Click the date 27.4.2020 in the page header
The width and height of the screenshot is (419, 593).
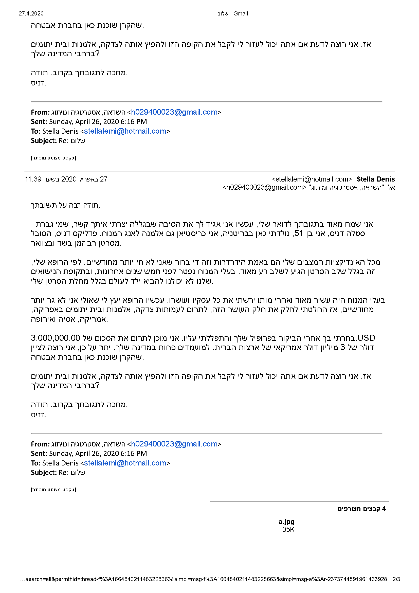[31, 13]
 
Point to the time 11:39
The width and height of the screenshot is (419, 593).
[33, 179]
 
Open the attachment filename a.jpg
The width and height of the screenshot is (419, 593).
[286, 522]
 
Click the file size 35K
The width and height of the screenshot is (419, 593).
[288, 529]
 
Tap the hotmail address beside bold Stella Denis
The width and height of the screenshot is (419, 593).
[312, 179]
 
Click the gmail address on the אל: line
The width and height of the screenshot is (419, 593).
[264, 187]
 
